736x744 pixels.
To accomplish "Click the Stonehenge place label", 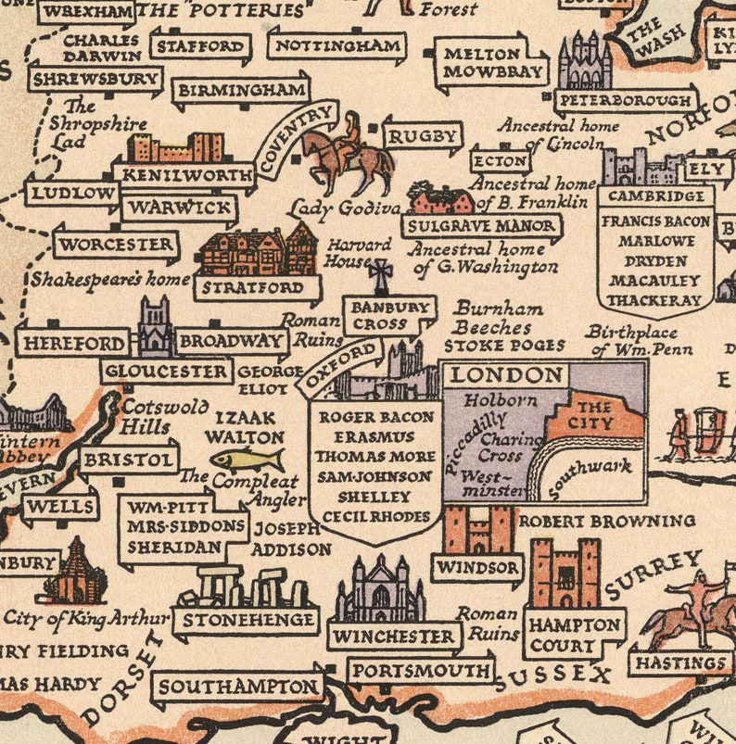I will pos(245,620).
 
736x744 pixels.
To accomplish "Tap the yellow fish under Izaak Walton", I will pos(247,460).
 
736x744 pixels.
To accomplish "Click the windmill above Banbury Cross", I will pos(380,276).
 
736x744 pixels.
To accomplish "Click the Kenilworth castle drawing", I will pos(175,148).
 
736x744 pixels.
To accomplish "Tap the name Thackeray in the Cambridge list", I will pos(654,300).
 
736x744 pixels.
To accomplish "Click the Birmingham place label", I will pos(240,91).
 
